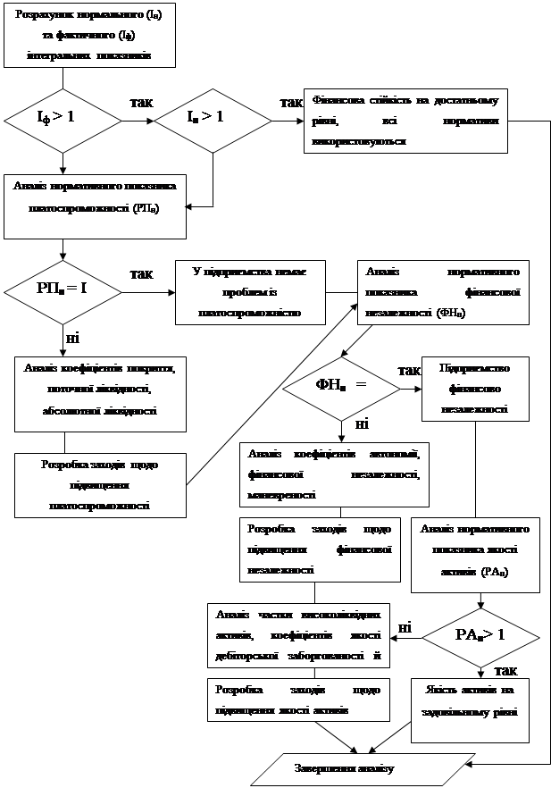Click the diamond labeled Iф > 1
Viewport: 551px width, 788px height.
(x=63, y=117)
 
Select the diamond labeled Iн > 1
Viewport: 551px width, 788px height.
(x=213, y=117)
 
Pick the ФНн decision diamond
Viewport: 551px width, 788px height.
(x=341, y=386)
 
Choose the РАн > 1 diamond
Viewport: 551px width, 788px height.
(x=480, y=635)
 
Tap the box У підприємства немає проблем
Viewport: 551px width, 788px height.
(x=249, y=290)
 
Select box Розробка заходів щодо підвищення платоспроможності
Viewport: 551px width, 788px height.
(x=100, y=484)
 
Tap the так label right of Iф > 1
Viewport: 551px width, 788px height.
(x=140, y=103)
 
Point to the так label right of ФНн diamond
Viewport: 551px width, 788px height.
(x=409, y=370)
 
